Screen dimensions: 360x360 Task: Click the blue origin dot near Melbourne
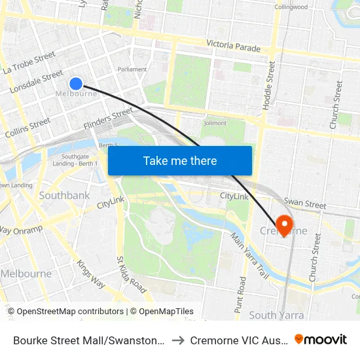tap(76, 83)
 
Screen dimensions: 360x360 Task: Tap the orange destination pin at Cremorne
tap(284, 225)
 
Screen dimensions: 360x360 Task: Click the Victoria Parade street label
tap(233, 46)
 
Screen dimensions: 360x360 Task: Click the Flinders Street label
tap(109, 118)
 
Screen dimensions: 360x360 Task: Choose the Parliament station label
tap(132, 69)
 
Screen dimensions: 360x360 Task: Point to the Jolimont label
tap(215, 122)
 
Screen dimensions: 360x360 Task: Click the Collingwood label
tap(291, 7)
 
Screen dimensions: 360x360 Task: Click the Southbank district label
tap(64, 195)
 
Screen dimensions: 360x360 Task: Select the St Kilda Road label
tap(131, 274)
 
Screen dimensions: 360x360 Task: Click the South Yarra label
tap(276, 315)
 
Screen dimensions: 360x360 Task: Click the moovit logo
tap(321, 340)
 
